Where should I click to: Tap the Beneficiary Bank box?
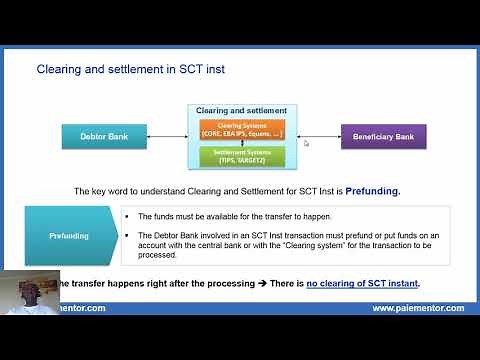tap(383, 136)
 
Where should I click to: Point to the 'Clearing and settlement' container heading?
tap(241, 110)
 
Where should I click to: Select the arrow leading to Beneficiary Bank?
tap(317, 136)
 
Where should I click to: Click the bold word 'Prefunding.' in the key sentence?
tap(373, 191)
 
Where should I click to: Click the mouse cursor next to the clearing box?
tap(306, 143)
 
